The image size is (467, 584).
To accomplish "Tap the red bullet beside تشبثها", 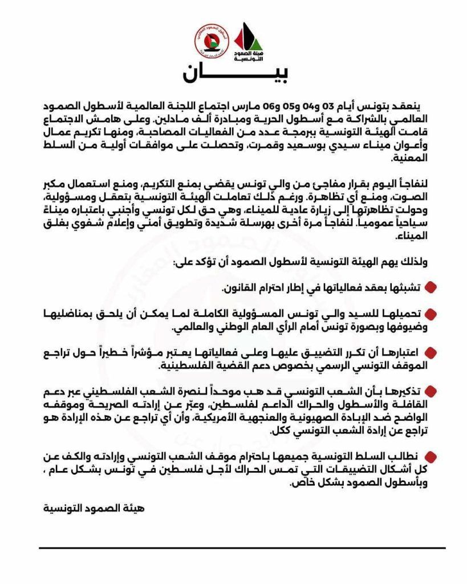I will (x=431, y=286).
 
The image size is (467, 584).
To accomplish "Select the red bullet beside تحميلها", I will (x=431, y=314).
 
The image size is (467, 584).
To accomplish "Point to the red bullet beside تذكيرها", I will (x=431, y=391).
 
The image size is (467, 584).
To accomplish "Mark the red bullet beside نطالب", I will (x=431, y=456).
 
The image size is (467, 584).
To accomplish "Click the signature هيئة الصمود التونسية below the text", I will (x=94, y=506).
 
